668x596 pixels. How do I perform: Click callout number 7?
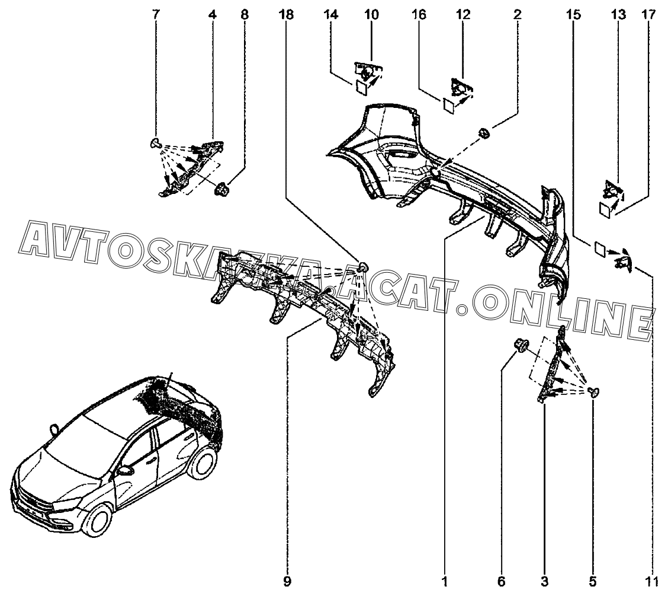coord(156,15)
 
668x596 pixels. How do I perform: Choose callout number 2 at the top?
coord(517,15)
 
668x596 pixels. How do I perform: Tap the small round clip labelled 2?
coord(484,133)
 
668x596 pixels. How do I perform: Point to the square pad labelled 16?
coord(449,106)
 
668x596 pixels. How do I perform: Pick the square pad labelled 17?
coord(606,209)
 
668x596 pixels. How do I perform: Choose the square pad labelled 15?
coord(598,249)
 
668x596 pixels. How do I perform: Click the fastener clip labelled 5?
coord(595,391)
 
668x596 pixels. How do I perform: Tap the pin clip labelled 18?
coord(364,267)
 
